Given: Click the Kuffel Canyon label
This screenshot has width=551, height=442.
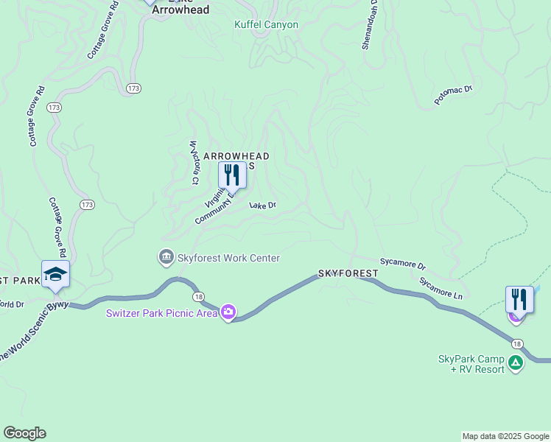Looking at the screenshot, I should pyautogui.click(x=266, y=24).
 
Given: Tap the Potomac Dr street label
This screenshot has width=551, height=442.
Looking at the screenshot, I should pyautogui.click(x=453, y=94).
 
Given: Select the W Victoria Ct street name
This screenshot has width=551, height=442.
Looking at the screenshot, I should pyautogui.click(x=194, y=162).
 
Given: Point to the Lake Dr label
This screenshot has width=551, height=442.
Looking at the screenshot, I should pyautogui.click(x=262, y=206).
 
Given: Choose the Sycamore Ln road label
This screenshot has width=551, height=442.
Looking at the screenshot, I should pyautogui.click(x=441, y=288).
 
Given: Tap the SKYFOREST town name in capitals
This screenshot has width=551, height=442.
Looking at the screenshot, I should pyautogui.click(x=348, y=273).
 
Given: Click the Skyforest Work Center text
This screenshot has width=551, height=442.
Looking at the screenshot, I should pyautogui.click(x=228, y=258).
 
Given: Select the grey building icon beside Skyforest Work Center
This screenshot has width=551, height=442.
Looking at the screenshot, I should pyautogui.click(x=166, y=257).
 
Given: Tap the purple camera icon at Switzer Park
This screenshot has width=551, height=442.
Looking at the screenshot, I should pyautogui.click(x=228, y=313).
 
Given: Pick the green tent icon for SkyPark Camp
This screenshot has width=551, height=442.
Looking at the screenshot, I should pyautogui.click(x=516, y=362).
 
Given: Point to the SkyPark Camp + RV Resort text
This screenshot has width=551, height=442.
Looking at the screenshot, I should pyautogui.click(x=471, y=363).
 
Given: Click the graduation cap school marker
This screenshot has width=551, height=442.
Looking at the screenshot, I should pyautogui.click(x=55, y=274).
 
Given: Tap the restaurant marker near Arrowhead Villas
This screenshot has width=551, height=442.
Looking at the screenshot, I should pyautogui.click(x=232, y=175).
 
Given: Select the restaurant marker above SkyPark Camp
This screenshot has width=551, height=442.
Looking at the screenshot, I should pyautogui.click(x=519, y=300).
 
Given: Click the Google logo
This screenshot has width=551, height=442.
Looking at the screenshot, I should pyautogui.click(x=24, y=433).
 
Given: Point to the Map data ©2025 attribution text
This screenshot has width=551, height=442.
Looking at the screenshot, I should pyautogui.click(x=505, y=436).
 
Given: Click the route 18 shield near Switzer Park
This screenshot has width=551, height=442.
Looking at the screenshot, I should pyautogui.click(x=199, y=296).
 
